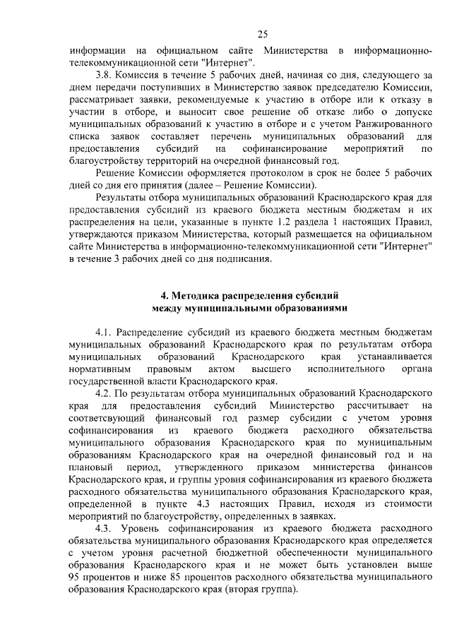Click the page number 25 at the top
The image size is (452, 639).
[x=261, y=34]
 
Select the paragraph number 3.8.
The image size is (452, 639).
[x=104, y=74]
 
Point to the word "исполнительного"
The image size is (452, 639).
[x=342, y=368]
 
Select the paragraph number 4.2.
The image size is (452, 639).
[x=104, y=393]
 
